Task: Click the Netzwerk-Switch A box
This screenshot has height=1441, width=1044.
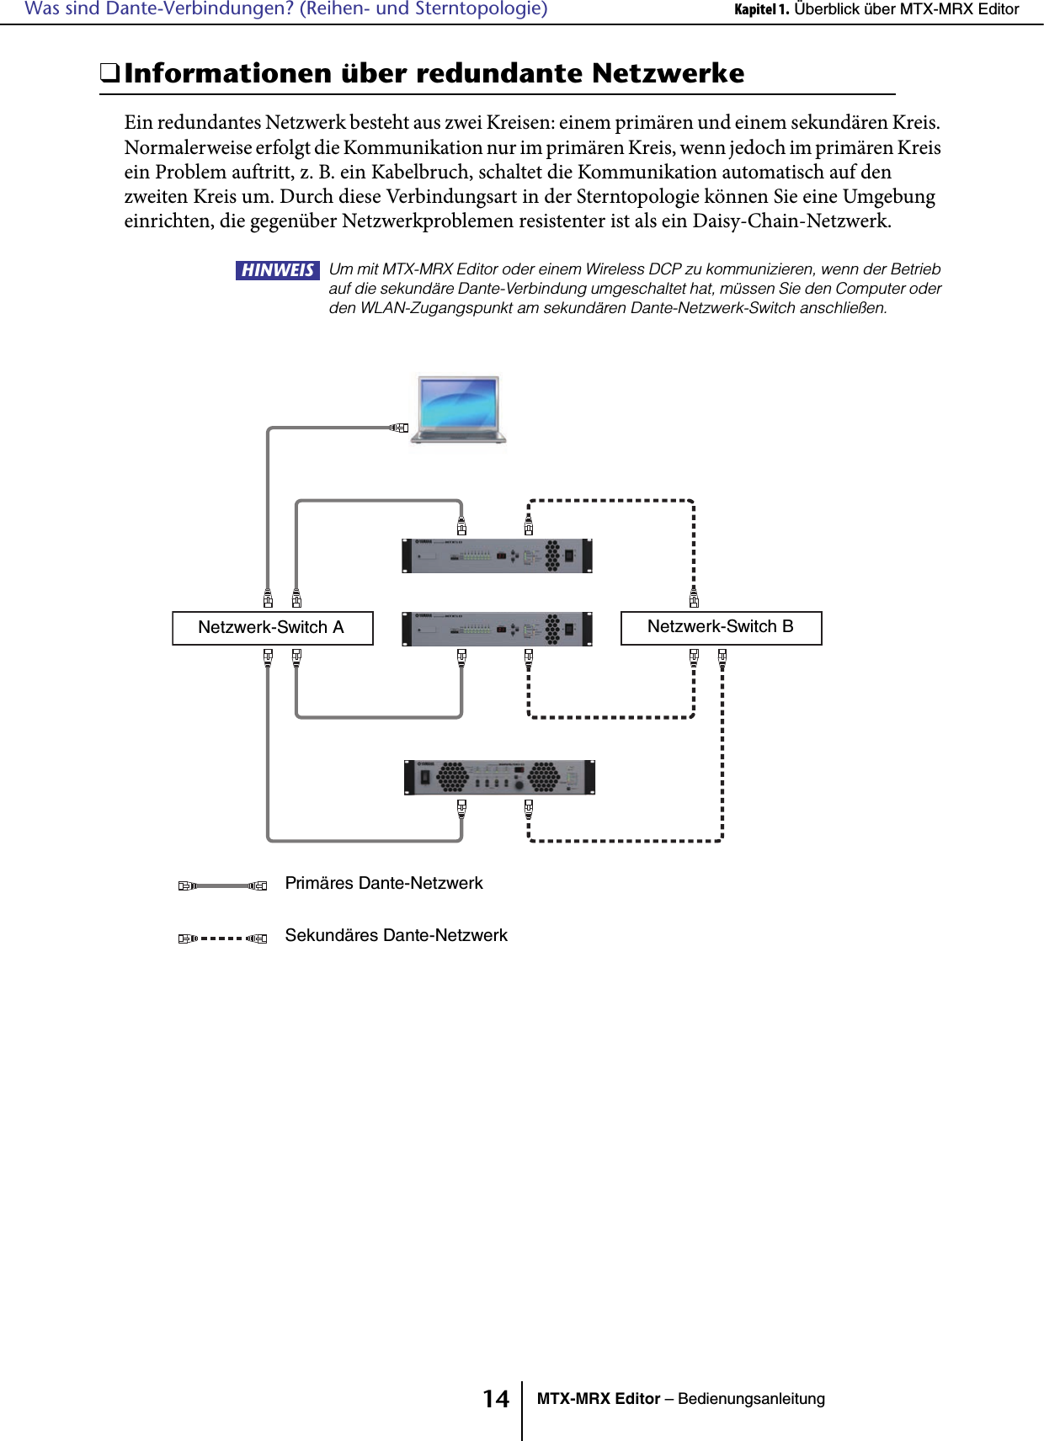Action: point(272,628)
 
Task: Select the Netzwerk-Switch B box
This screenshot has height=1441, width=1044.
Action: point(721,628)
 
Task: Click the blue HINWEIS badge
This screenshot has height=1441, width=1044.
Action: point(277,270)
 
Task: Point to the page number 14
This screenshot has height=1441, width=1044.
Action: point(496,1399)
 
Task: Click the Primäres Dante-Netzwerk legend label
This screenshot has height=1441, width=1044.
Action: point(384,884)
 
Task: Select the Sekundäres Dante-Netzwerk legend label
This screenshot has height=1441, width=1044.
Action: point(397,936)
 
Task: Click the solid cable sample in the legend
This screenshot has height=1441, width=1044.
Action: point(222,885)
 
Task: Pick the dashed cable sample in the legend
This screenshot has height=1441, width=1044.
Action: point(222,938)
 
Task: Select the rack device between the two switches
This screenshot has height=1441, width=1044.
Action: point(497,629)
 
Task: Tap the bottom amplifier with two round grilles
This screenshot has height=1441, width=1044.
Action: point(499,777)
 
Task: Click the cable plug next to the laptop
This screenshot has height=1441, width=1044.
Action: point(399,428)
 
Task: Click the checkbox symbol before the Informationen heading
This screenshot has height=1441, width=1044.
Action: point(109,73)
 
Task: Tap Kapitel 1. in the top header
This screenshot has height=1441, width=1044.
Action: point(761,9)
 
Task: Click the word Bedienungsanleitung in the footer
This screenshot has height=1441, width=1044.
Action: point(751,1399)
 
